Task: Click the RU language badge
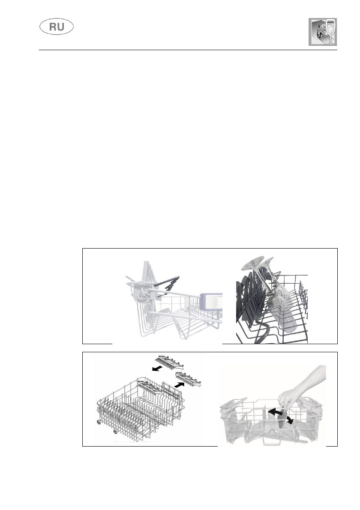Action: point(57,27)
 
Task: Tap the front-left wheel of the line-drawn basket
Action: point(99,423)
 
